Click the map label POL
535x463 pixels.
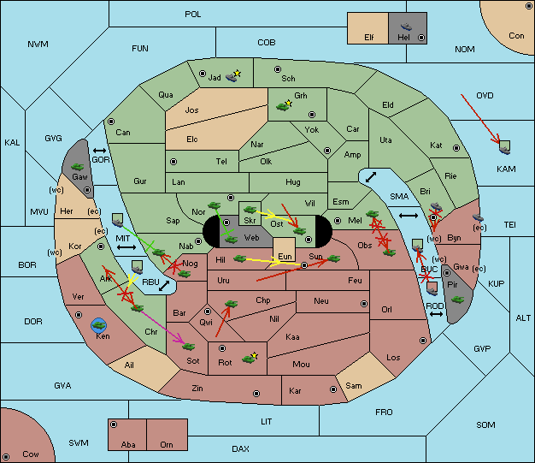193,15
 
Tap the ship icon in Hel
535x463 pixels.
406,27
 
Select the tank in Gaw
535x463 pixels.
78,167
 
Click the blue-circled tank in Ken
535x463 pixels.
99,325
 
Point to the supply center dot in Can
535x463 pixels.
111,122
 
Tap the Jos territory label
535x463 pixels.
191,110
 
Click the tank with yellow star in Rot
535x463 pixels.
250,358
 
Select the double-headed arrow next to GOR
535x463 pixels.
99,151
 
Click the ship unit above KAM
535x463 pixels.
504,147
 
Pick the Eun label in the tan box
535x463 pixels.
285,257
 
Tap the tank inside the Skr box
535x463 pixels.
250,209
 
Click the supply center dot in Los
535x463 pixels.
423,341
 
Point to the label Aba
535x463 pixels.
128,444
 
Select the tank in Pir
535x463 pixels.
457,300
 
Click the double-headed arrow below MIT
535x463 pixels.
126,247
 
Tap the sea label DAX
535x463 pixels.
240,448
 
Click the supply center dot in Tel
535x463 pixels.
173,161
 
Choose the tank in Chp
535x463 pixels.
231,304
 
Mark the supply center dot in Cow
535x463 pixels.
6,456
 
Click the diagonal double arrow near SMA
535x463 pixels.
371,177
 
